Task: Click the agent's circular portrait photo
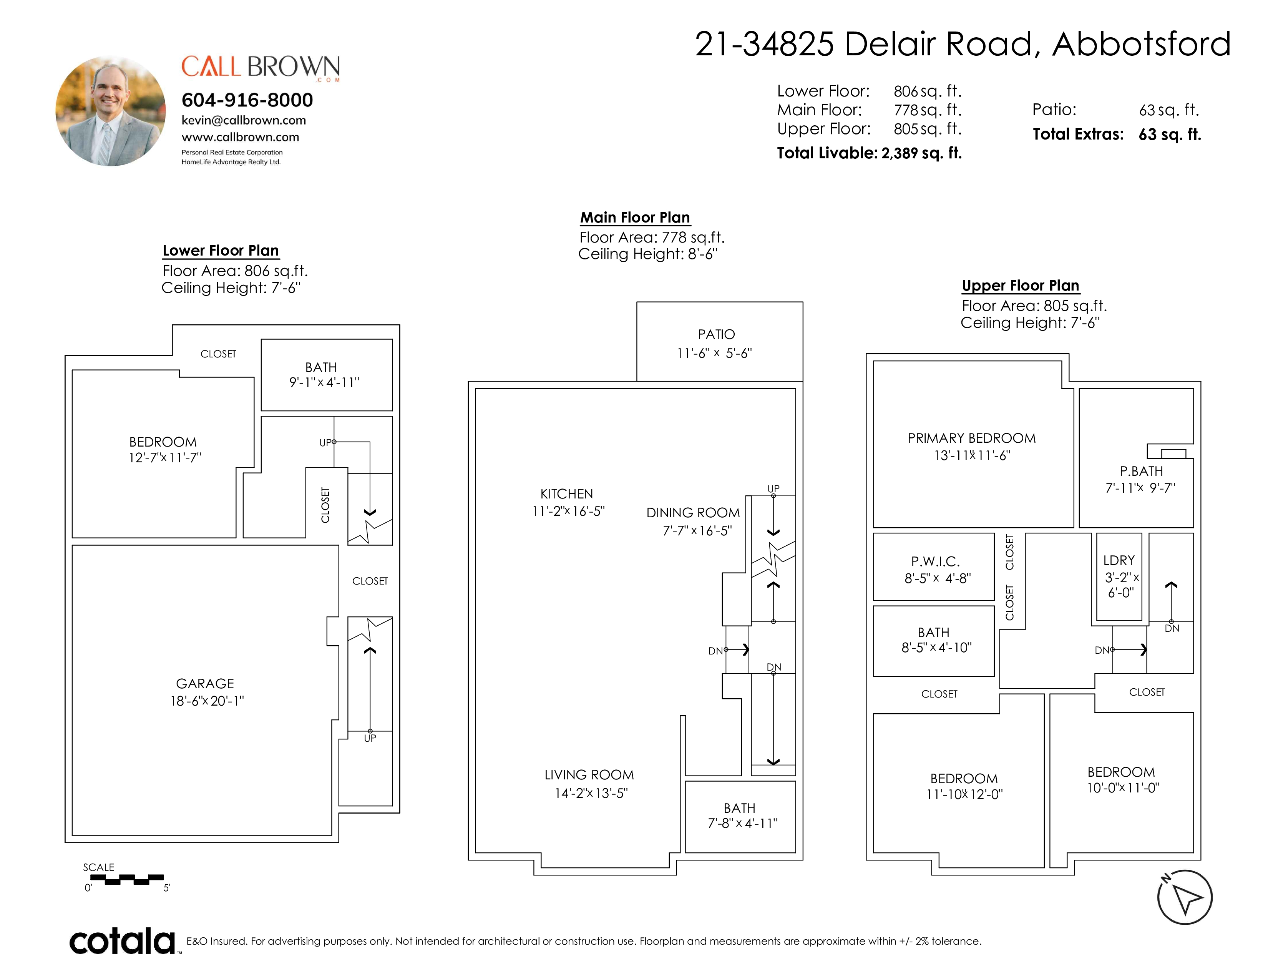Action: pos(110,111)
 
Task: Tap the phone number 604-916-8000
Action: pos(247,100)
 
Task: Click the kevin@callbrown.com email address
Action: pos(244,120)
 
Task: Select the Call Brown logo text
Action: pos(261,67)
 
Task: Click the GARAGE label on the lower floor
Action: pos(205,683)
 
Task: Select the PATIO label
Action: pos(717,334)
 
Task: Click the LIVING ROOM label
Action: pos(589,774)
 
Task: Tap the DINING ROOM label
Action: pos(693,513)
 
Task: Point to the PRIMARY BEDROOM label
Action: pos(972,439)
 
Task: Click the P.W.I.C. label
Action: pos(935,561)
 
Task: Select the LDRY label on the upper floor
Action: pos(1119,560)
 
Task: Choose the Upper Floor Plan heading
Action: pos(1021,286)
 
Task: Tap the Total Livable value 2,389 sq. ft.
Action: pos(921,153)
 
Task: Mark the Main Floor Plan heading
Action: pos(635,218)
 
